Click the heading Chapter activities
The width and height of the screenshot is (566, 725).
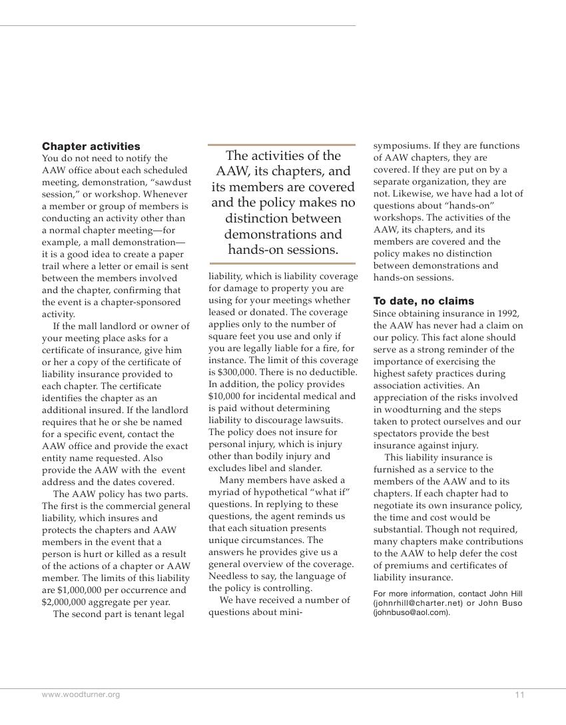[x=91, y=146]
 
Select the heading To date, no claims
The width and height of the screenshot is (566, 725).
[x=424, y=301]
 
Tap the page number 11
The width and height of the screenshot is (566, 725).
[x=519, y=695]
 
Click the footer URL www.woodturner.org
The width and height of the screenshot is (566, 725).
[x=81, y=695]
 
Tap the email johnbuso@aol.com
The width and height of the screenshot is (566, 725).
[x=410, y=612]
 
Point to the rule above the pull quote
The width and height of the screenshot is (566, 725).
[x=282, y=144]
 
